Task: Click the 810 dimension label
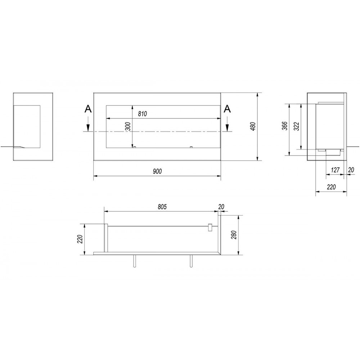pyautogui.click(x=142, y=114)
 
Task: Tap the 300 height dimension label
pyautogui.click(x=129, y=126)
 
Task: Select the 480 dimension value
pyautogui.click(x=253, y=126)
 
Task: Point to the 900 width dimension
pyautogui.click(x=157, y=171)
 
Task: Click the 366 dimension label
pyautogui.click(x=285, y=126)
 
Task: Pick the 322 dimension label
pyautogui.click(x=297, y=126)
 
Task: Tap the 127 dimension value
pyautogui.click(x=335, y=170)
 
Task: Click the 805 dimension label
pyautogui.click(x=162, y=207)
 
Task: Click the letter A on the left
pyautogui.click(x=88, y=109)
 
